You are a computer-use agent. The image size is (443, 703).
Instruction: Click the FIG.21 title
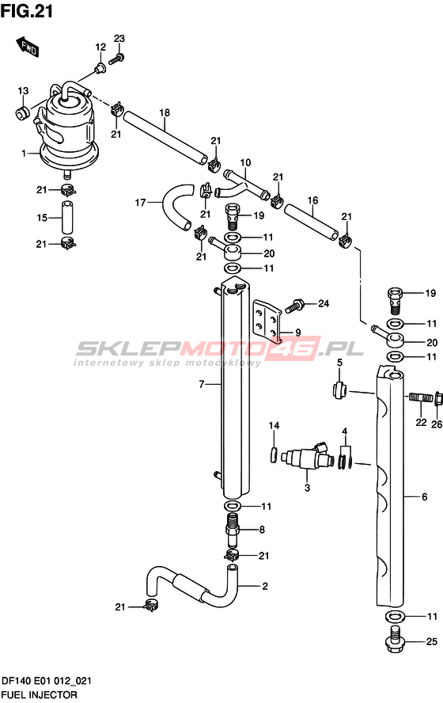[27, 11]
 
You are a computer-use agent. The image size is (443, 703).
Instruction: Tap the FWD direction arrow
[28, 47]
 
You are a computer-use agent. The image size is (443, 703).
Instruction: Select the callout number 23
[119, 39]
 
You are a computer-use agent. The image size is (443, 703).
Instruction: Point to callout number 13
[23, 91]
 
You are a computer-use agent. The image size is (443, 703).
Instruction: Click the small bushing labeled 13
[22, 113]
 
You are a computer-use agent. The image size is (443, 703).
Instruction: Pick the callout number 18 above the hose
[165, 112]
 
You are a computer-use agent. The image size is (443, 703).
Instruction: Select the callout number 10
[245, 163]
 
